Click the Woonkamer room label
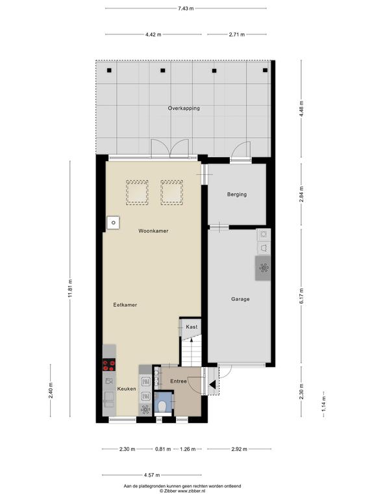[x=153, y=231]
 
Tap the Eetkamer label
[x=125, y=305]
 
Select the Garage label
[x=240, y=299]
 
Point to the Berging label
[x=236, y=194]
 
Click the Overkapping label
[x=184, y=109]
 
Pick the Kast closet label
[x=192, y=327]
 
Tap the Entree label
[x=179, y=381]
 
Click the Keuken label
[x=127, y=389]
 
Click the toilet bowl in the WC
[x=162, y=406]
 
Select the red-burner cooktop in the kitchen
[x=109, y=365]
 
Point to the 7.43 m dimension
[x=186, y=8]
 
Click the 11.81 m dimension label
[x=70, y=288]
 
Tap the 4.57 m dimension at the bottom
[x=152, y=475]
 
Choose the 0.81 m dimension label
[x=163, y=449]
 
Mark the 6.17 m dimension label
[x=301, y=296]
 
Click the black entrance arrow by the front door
[x=212, y=385]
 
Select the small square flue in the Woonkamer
[x=113, y=223]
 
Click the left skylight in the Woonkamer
[x=137, y=192]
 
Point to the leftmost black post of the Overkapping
[x=109, y=70]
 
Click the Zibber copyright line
[x=182, y=491]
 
